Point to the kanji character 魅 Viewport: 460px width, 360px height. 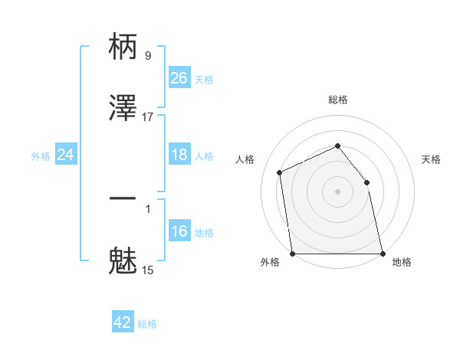pyautogui.click(x=123, y=261)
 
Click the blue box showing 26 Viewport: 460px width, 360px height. pyautogui.click(x=179, y=78)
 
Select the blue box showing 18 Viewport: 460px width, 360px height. pyautogui.click(x=179, y=155)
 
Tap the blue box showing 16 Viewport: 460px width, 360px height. pyautogui.click(x=179, y=231)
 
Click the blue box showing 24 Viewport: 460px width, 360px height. pyautogui.click(x=65, y=155)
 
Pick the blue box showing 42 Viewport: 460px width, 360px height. pyautogui.click(x=123, y=322)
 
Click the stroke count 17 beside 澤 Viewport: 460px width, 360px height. pyautogui.click(x=148, y=116)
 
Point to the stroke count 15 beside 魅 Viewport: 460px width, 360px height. pyautogui.click(x=148, y=270)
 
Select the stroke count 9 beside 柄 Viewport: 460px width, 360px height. pyautogui.click(x=148, y=55)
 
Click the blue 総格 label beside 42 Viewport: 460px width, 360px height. pyautogui.click(x=148, y=324)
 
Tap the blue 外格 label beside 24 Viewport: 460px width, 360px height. pyautogui.click(x=41, y=155)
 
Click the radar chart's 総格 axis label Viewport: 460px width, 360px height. pyautogui.click(x=338, y=100)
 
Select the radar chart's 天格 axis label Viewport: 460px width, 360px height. pyautogui.click(x=432, y=159)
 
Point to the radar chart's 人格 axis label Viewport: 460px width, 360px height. pyautogui.click(x=245, y=159)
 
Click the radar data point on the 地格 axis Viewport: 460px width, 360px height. pyautogui.click(x=383, y=254)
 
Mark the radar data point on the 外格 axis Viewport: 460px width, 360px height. pyautogui.click(x=293, y=254)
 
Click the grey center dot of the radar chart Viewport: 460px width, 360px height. pyautogui.click(x=338, y=191)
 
